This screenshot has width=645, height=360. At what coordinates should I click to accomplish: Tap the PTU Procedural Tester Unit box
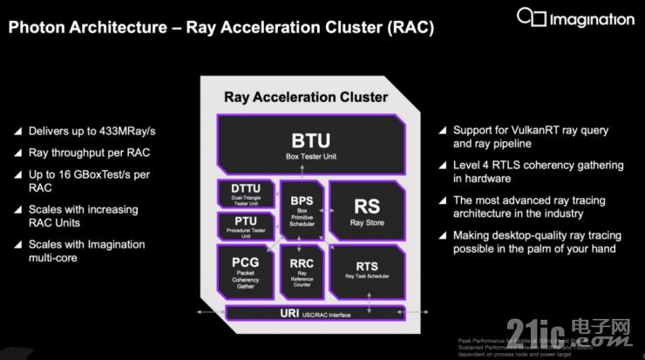click(247, 225)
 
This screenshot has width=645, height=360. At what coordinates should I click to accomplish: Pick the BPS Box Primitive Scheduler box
click(302, 209)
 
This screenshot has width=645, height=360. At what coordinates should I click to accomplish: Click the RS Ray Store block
click(366, 210)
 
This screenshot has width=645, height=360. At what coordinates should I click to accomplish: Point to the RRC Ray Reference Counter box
click(302, 270)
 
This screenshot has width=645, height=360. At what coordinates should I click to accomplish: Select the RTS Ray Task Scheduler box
click(366, 270)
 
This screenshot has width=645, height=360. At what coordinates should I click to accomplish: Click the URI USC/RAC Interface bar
click(311, 312)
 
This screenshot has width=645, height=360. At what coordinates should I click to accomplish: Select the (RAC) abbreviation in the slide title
click(406, 29)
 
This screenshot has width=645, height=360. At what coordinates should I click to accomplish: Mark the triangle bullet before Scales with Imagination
click(17, 246)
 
